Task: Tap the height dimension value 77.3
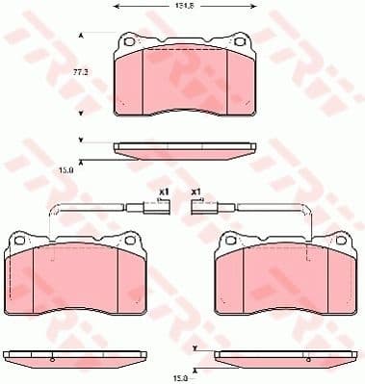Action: pyautogui.click(x=81, y=73)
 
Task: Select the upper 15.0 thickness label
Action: pyautogui.click(x=66, y=170)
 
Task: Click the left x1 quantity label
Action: pyautogui.click(x=164, y=192)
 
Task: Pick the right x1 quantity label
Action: pyautogui.click(x=196, y=192)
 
